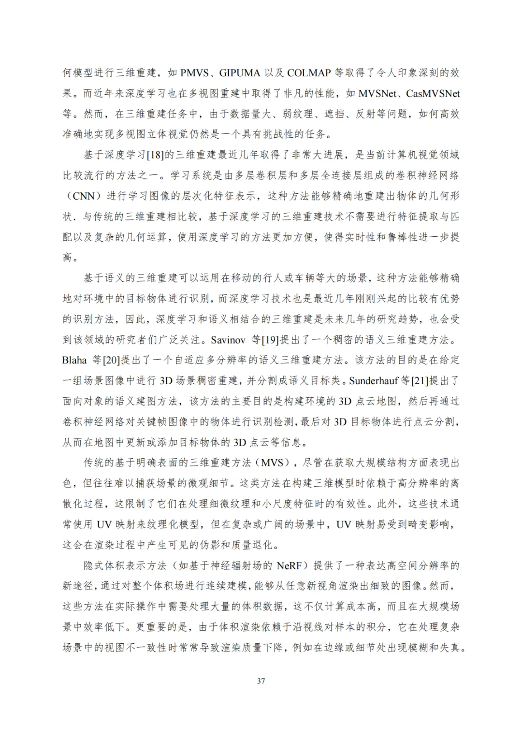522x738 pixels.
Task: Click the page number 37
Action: [261, 681]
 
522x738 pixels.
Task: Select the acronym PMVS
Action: [194, 73]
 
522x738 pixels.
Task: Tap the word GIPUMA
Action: [240, 73]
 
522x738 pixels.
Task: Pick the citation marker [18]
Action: [155, 155]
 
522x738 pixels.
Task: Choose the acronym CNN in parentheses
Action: [84, 196]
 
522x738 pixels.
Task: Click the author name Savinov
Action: [228, 340]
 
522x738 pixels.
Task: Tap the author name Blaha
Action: [74, 360]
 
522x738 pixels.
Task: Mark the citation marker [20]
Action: [112, 360]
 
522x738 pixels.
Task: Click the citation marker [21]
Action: [420, 381]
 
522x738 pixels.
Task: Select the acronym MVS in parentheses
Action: [272, 463]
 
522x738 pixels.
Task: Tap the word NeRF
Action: [289, 565]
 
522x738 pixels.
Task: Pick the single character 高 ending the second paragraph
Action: [67, 258]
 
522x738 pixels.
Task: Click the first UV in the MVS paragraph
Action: [104, 524]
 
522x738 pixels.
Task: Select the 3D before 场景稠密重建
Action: [166, 381]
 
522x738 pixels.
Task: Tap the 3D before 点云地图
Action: [345, 401]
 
